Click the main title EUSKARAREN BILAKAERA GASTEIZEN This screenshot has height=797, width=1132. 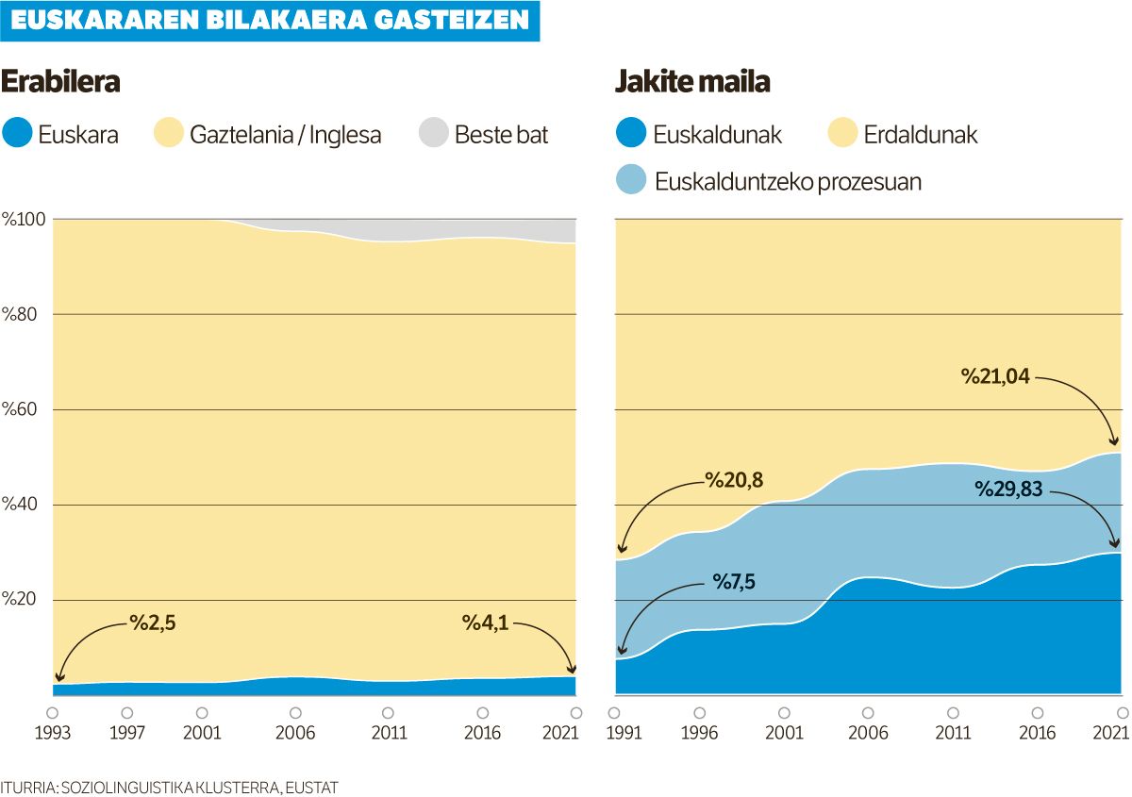[270, 21]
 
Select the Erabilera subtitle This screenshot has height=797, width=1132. [60, 82]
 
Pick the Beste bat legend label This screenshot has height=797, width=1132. [501, 134]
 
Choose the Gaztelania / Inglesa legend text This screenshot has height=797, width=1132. [285, 134]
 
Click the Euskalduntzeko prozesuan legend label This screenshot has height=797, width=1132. [788, 181]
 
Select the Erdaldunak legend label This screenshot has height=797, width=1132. [921, 134]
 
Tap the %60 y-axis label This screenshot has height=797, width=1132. [20, 410]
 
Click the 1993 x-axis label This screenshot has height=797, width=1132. [53, 733]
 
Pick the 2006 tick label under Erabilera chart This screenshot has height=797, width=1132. [295, 733]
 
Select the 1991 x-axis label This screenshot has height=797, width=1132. [615, 733]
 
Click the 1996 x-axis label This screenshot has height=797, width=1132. [700, 733]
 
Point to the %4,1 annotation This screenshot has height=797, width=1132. [485, 623]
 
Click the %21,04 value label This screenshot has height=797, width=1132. [995, 377]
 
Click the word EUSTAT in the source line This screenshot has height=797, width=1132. [313, 787]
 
